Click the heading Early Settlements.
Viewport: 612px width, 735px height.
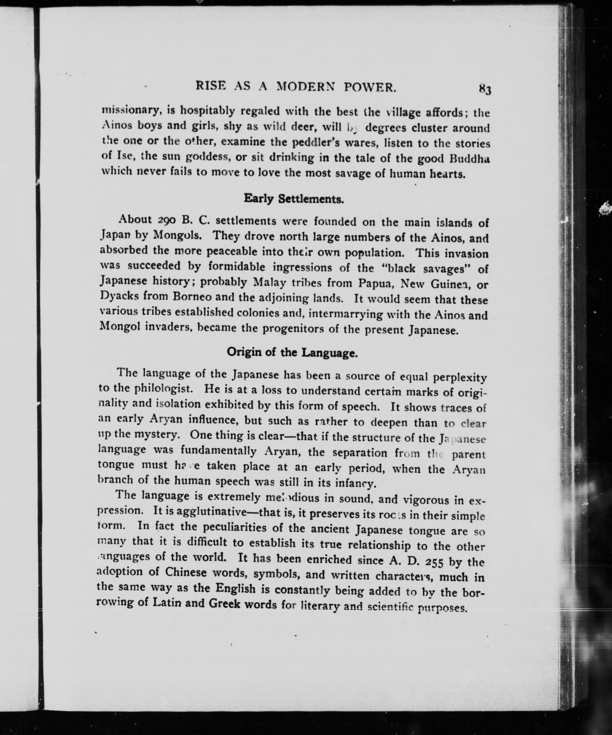click(x=293, y=199)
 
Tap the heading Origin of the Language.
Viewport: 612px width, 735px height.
click(x=292, y=352)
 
